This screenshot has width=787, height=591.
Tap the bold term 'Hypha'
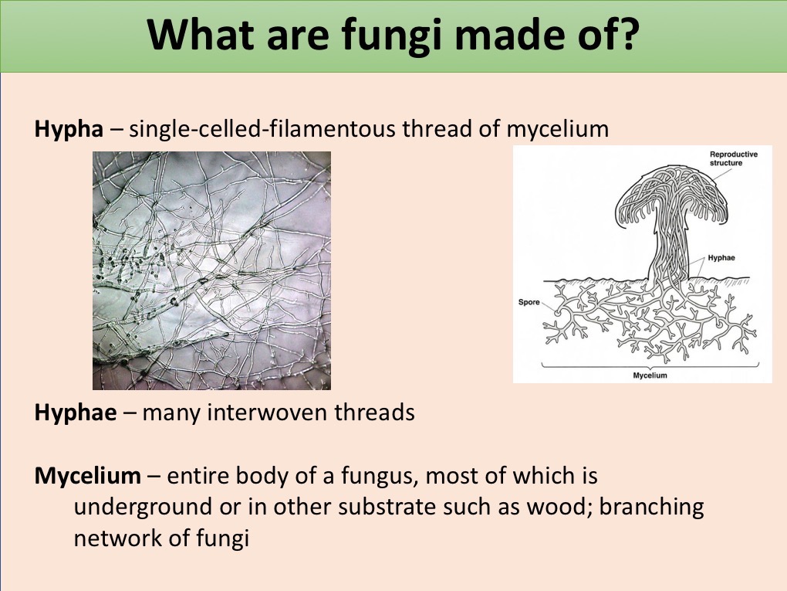click(69, 130)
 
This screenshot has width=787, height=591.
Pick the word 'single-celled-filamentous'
click(262, 130)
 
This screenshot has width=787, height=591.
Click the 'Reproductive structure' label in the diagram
click(733, 159)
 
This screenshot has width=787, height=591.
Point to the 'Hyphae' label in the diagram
click(721, 258)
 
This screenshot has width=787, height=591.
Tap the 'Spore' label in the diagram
click(529, 302)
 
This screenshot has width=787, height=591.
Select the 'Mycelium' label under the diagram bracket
click(650, 375)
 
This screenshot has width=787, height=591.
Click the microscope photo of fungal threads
click(212, 270)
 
